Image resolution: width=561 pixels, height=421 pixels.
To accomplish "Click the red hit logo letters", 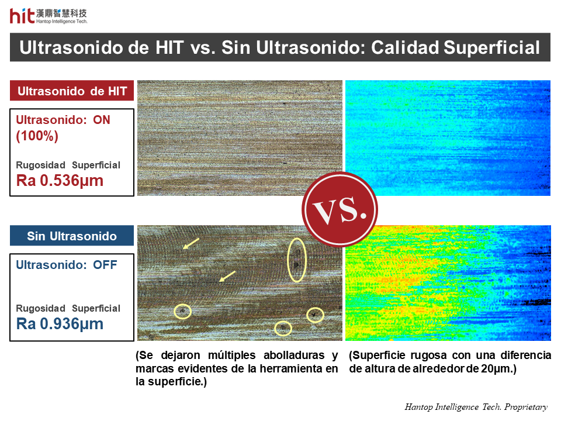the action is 22,16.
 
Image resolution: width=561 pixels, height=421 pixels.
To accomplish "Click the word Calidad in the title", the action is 404,47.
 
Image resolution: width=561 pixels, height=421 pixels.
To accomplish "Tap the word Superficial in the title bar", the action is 491,47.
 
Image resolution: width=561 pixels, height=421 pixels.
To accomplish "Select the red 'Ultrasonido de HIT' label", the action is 72,91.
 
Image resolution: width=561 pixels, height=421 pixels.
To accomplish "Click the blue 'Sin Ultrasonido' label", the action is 72,236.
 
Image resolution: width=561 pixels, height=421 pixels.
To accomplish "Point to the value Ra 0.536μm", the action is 60,181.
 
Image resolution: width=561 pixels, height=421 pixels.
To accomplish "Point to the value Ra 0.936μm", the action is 60,323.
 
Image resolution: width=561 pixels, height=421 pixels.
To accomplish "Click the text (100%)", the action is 37,136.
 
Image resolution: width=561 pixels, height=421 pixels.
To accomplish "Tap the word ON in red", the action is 102,120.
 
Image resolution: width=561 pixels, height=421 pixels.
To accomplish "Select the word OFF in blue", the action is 105,265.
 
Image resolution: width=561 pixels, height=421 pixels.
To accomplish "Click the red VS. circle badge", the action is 340,209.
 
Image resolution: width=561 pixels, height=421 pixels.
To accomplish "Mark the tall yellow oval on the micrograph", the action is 288,260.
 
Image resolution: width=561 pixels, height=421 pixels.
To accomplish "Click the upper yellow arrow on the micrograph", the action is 191,243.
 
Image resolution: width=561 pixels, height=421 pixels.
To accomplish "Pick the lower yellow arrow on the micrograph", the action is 227,276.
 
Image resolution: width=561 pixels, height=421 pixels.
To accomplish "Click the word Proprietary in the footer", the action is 526,408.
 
